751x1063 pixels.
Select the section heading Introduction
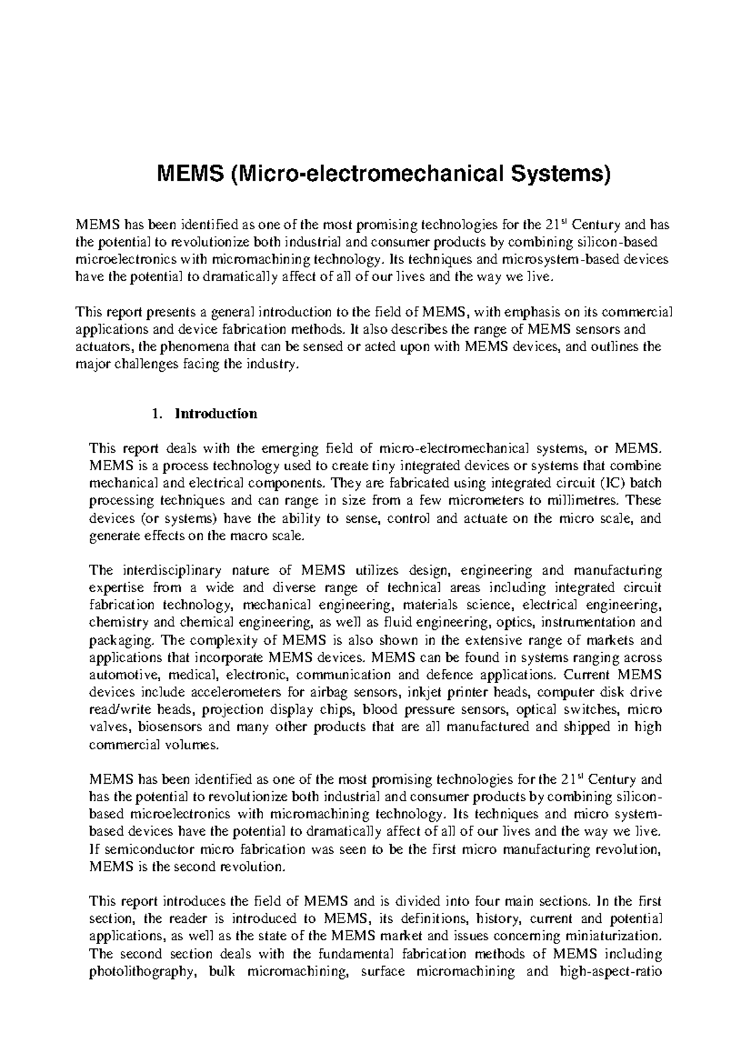[216, 414]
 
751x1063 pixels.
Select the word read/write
[120, 710]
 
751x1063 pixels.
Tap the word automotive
[126, 675]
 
